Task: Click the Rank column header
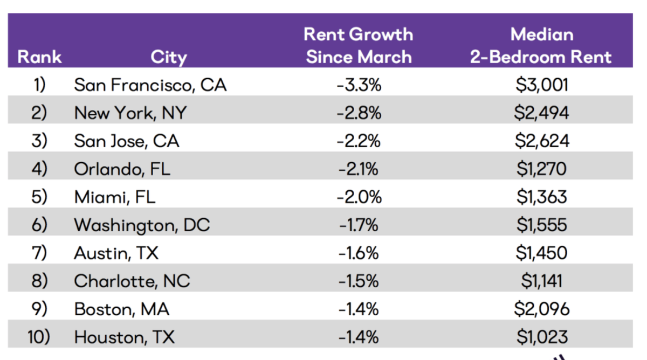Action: [39, 57]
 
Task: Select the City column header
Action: [168, 57]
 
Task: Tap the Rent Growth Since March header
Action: [359, 45]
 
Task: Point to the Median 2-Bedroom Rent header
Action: [541, 45]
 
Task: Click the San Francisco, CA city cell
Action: [150, 85]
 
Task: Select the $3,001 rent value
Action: [541, 85]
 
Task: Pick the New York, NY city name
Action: [130, 113]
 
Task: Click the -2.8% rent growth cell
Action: [359, 113]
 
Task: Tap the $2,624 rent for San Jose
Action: [541, 141]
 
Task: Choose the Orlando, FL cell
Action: [122, 169]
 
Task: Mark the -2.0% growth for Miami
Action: [359, 197]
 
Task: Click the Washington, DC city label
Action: [142, 225]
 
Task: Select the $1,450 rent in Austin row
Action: [541, 253]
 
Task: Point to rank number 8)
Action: [39, 281]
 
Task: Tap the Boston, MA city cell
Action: [121, 309]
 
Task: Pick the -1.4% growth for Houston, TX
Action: [359, 337]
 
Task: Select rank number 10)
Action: [38, 337]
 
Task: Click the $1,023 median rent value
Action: [541, 337]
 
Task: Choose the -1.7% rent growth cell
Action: [359, 225]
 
